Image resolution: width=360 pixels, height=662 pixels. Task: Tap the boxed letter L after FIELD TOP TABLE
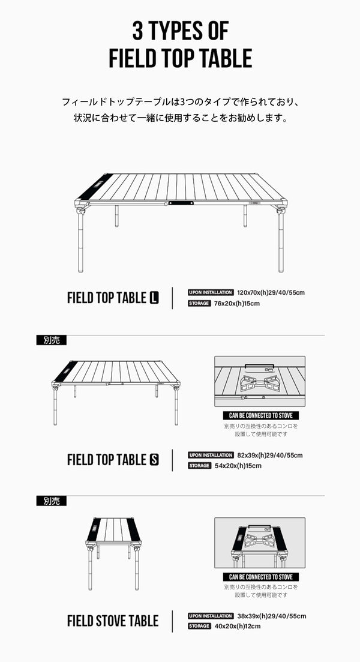(x=154, y=298)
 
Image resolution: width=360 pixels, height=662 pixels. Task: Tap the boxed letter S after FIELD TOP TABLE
(x=154, y=460)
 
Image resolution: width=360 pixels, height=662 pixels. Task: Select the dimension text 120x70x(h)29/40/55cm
(x=271, y=292)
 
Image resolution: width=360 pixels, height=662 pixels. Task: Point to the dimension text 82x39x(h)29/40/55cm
(x=270, y=455)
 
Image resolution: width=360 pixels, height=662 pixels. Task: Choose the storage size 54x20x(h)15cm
(x=238, y=466)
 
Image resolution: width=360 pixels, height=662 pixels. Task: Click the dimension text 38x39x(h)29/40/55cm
(x=272, y=616)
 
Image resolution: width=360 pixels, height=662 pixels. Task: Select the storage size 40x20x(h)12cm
(x=238, y=627)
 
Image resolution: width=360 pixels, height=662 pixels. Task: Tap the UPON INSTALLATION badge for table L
(x=211, y=292)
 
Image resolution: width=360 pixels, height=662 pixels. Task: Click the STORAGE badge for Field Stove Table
(x=199, y=626)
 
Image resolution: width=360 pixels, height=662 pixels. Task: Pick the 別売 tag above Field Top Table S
(x=52, y=340)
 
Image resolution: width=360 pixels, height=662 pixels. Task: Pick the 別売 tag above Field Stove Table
(x=52, y=501)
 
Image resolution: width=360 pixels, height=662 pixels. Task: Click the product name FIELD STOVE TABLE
(x=113, y=621)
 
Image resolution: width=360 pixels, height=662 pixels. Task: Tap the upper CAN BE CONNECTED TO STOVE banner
(x=261, y=415)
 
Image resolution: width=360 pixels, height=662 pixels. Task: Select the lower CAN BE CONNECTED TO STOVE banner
(x=261, y=577)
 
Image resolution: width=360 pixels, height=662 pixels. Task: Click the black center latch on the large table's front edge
(x=181, y=203)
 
